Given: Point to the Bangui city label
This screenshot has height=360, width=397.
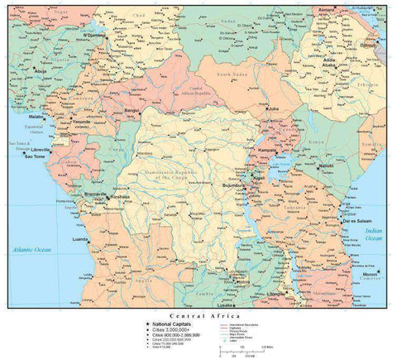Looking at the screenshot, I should tap(132, 110).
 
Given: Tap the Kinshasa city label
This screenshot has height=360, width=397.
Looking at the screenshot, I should tap(121, 197).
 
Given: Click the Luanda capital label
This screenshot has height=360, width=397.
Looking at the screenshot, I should tap(80, 239).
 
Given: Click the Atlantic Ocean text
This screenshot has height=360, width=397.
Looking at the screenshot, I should tap(31, 249).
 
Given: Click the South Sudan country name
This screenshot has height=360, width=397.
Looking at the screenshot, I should tap(233, 75).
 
